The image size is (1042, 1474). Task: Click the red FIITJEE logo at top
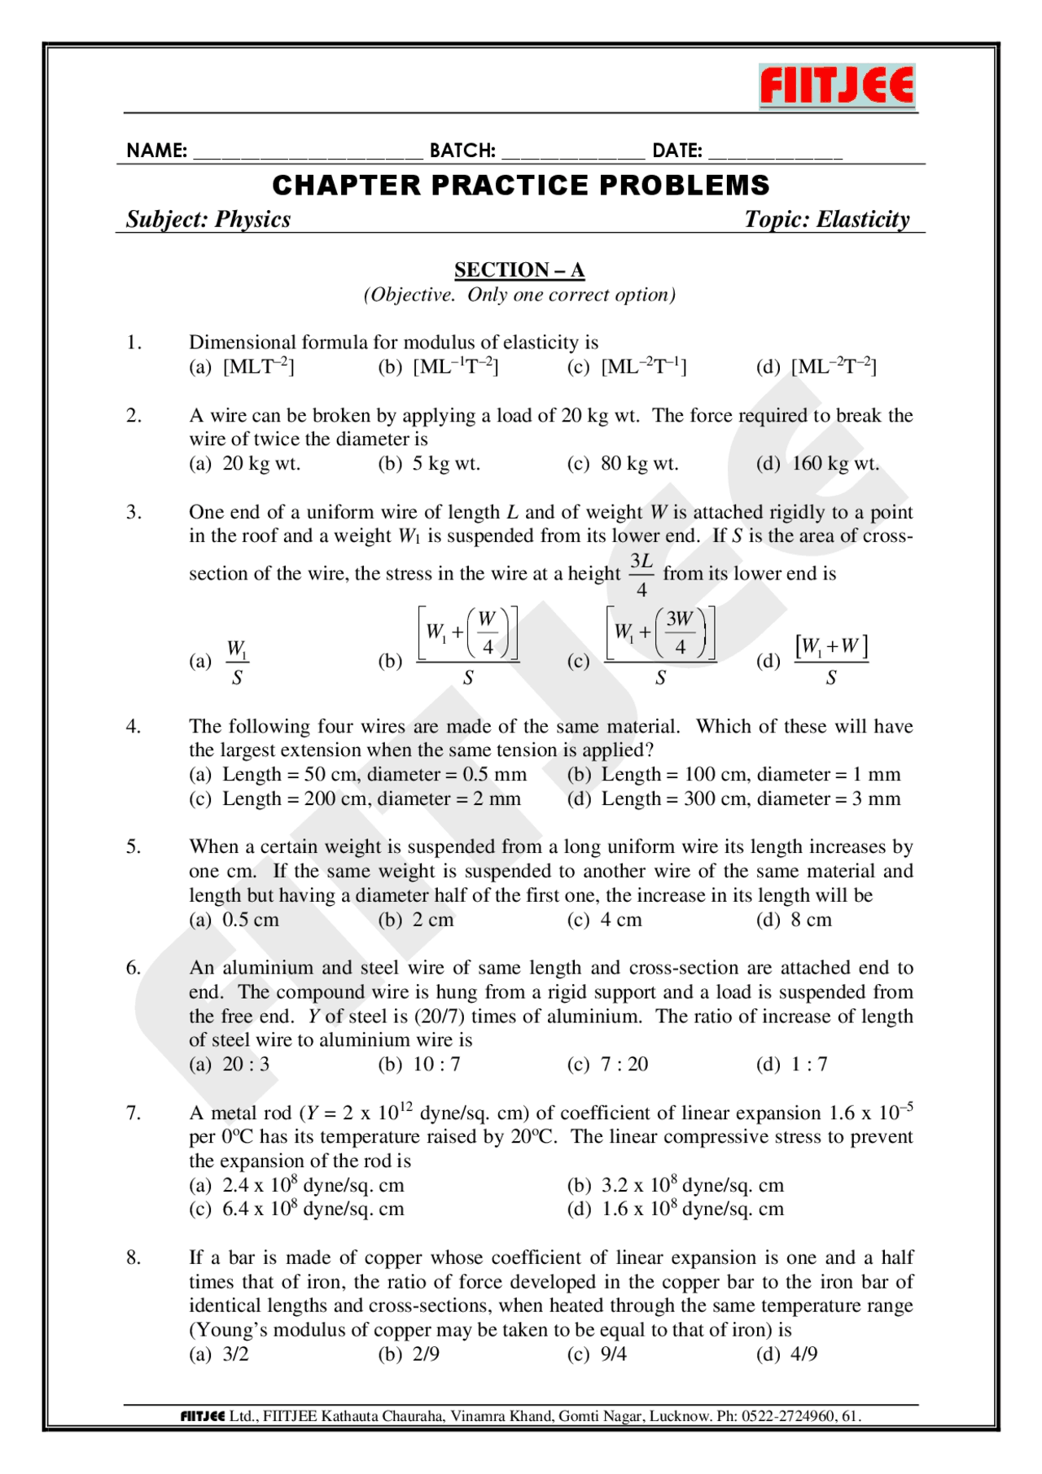[x=837, y=86]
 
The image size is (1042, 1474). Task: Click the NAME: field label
[x=156, y=151]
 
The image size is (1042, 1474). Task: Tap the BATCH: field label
[x=462, y=151]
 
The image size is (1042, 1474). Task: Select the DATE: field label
[x=677, y=151]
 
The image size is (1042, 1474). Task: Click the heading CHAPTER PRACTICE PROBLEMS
[x=521, y=186]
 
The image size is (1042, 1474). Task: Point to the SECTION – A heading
[x=519, y=269]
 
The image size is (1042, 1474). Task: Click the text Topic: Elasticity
[x=826, y=220]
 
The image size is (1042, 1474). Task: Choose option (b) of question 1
[x=440, y=367]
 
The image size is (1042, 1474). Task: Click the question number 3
[x=134, y=512]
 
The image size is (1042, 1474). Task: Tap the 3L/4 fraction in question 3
[x=641, y=575]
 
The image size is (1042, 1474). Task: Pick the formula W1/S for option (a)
[x=237, y=662]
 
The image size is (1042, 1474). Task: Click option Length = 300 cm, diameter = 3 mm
[x=751, y=799]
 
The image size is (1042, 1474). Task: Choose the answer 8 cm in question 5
[x=812, y=921]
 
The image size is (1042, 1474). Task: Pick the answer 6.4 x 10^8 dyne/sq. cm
[x=313, y=1209]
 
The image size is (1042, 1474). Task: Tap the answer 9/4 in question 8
[x=614, y=1354]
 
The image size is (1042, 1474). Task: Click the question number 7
[x=134, y=1113]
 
